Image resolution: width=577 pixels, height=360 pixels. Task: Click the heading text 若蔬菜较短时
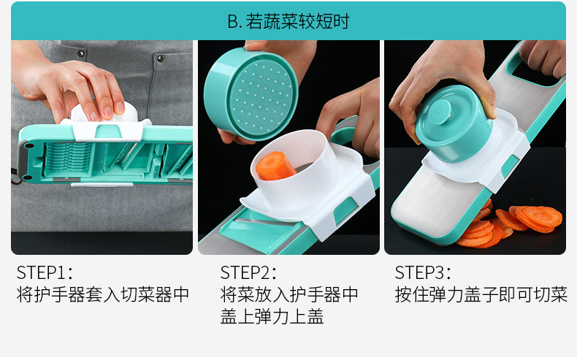tap(298, 21)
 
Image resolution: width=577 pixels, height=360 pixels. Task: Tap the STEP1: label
tap(45, 272)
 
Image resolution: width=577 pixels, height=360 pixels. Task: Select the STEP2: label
tap(248, 272)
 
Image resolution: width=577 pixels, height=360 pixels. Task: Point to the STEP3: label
tap(423, 272)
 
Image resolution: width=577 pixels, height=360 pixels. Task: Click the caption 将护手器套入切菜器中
tap(103, 294)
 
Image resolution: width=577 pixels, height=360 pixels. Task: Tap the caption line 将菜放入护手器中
tap(289, 294)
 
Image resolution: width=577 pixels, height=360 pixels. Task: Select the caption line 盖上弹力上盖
tap(272, 316)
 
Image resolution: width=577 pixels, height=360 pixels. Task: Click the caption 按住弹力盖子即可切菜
tap(481, 294)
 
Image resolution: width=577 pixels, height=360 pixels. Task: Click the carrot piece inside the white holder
tap(275, 166)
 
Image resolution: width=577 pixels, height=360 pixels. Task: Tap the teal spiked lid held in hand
tap(251, 94)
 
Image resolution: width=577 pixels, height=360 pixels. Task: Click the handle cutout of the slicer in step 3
tap(534, 70)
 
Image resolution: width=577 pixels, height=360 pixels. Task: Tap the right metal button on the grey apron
tap(161, 58)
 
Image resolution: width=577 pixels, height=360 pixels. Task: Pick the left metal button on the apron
tap(80, 54)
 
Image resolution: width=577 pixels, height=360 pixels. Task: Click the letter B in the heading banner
tap(232, 21)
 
